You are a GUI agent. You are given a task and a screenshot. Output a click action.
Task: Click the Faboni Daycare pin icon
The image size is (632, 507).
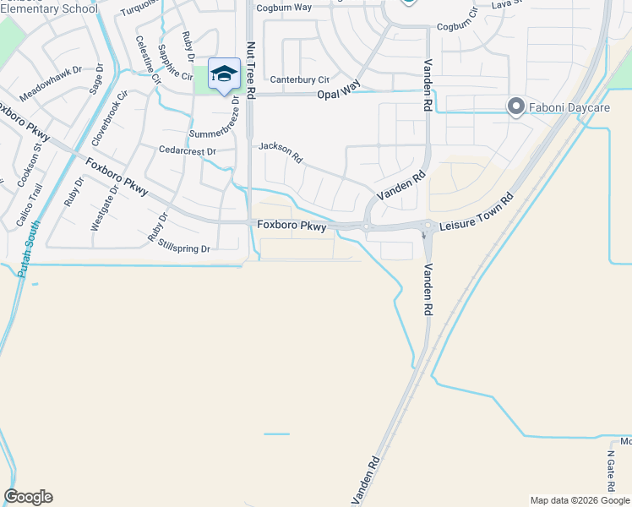point(515,106)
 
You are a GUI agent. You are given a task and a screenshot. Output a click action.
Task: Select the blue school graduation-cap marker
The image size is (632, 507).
point(225,74)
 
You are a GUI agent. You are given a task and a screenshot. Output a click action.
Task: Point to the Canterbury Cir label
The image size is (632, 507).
point(299,79)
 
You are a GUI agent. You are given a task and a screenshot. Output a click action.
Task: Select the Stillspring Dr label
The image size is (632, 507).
point(183,247)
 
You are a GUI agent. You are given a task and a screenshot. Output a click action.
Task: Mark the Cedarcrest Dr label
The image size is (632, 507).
point(188,150)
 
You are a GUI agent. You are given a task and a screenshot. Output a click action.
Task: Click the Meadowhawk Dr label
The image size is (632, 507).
point(51,86)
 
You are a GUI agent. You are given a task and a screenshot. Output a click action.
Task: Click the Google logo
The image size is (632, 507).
point(28,497)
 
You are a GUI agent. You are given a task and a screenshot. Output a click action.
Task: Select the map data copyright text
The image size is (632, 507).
point(579,500)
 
